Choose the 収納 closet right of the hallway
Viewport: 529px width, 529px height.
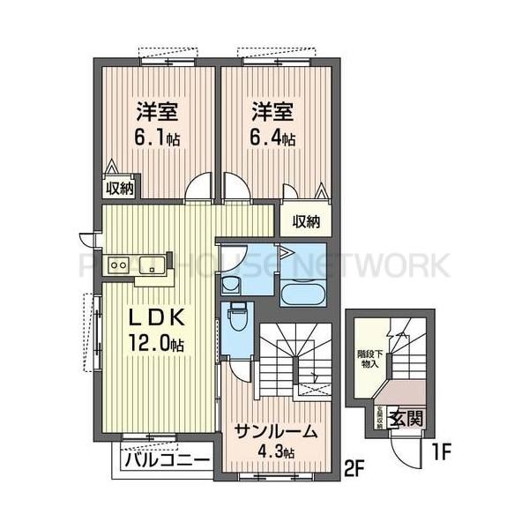302,220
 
